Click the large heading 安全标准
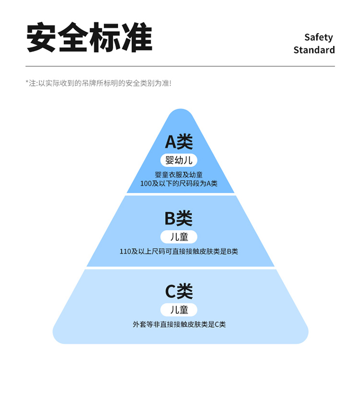click(x=89, y=37)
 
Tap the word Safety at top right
click(x=318, y=37)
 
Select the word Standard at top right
click(x=314, y=50)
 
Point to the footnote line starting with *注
click(x=98, y=83)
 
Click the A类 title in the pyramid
click(x=179, y=142)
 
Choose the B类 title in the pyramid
click(x=179, y=219)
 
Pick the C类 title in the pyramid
click(x=179, y=291)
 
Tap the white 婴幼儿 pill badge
click(x=179, y=160)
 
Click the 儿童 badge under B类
click(x=179, y=237)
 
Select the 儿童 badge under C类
click(x=179, y=309)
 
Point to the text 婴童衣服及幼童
click(x=179, y=174)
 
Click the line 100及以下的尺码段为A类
click(x=179, y=184)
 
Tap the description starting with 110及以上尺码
click(x=179, y=251)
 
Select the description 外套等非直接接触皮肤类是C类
click(x=179, y=324)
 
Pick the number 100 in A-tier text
click(x=145, y=184)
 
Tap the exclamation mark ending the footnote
click(x=170, y=83)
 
